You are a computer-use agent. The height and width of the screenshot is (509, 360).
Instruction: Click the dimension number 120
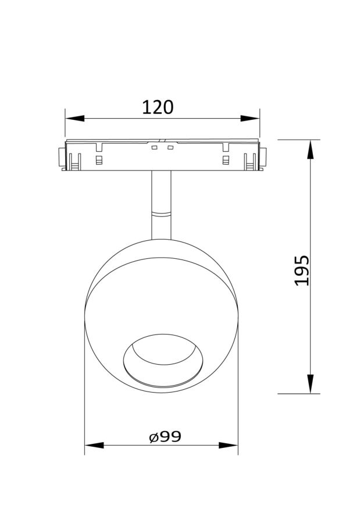pyautogui.click(x=158, y=108)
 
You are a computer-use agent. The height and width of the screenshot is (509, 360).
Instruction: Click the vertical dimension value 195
pyautogui.click(x=302, y=270)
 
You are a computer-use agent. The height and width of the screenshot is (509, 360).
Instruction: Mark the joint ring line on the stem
pyautogui.click(x=161, y=215)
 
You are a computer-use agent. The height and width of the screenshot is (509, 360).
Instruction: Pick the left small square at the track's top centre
pyautogui.click(x=154, y=148)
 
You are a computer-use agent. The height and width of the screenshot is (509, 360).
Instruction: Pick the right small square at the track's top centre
pyautogui.click(x=170, y=148)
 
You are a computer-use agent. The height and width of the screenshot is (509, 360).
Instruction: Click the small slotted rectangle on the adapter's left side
pyautogui.click(x=99, y=159)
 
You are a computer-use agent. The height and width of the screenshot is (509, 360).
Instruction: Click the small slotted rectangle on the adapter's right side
pyautogui.click(x=226, y=159)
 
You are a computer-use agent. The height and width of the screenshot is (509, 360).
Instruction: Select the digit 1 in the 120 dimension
pyautogui.click(x=146, y=108)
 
